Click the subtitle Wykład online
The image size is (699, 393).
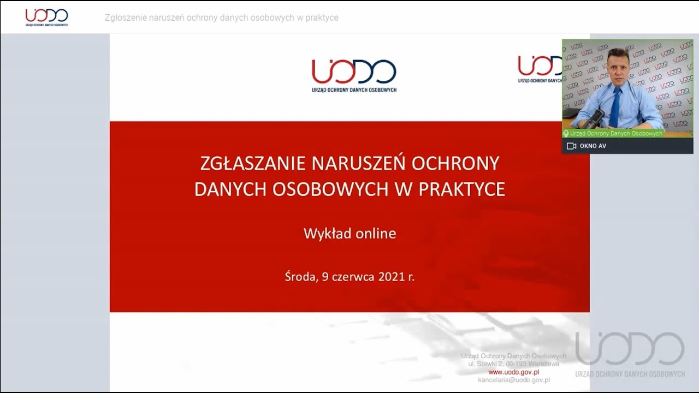pos(349,234)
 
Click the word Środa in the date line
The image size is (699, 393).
pos(300,277)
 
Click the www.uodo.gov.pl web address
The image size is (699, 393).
pos(513,372)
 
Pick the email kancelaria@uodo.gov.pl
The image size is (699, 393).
pos(513,380)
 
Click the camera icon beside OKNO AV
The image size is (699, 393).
pos(572,146)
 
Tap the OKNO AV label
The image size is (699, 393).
pos(593,146)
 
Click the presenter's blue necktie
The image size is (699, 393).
pos(615,107)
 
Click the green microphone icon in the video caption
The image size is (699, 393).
pos(566,133)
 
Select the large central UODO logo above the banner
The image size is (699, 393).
pos(354,75)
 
